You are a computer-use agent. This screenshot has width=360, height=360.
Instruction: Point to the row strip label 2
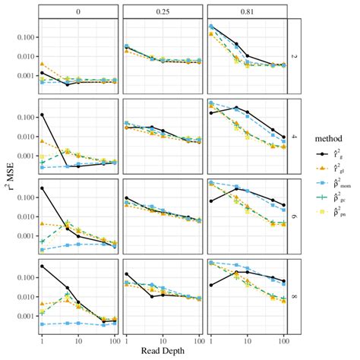292,55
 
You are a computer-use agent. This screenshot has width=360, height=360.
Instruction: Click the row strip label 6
292,220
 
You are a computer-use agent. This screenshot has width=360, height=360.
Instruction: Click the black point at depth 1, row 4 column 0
43,115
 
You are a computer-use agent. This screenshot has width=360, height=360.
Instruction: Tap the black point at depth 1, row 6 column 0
43,188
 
